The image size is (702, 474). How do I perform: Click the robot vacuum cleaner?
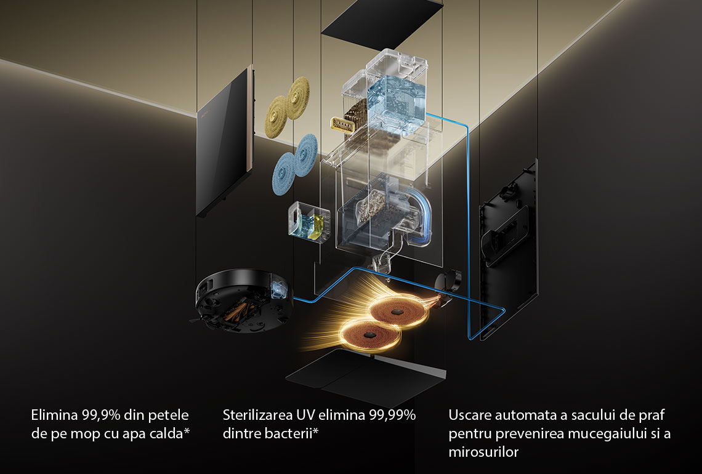244,301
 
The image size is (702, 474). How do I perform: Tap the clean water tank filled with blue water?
396,105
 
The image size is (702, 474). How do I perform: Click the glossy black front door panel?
225,140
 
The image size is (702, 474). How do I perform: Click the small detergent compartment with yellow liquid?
309,222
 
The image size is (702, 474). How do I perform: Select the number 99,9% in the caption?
101,416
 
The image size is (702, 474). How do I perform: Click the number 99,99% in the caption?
392,416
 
